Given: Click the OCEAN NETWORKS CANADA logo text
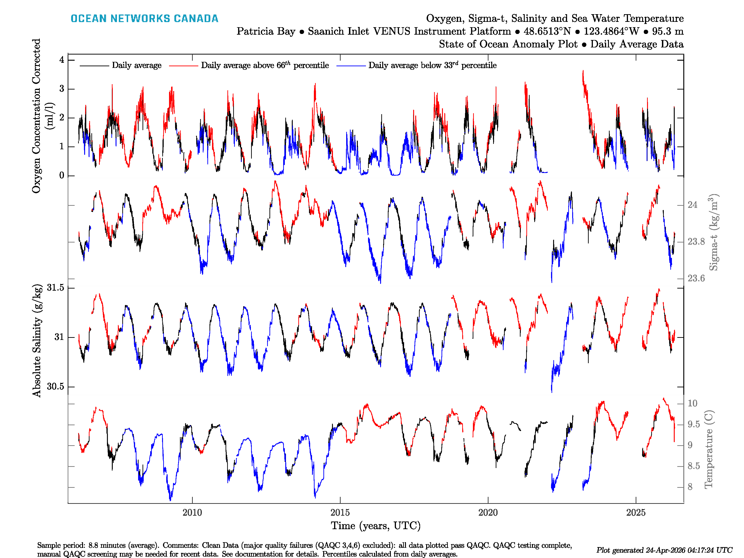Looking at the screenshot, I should (144, 19).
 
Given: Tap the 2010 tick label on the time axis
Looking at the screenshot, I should (192, 513).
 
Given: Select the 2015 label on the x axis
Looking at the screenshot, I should (340, 513).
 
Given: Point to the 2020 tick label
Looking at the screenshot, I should (488, 513).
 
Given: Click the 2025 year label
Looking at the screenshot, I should (636, 513).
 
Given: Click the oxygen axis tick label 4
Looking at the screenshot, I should (62, 60).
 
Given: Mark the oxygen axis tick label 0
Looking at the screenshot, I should (62, 175).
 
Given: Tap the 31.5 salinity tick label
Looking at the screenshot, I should (56, 288).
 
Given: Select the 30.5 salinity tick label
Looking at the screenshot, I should (56, 386).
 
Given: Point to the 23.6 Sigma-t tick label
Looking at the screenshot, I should (696, 279).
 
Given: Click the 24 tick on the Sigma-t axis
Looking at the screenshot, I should (692, 205).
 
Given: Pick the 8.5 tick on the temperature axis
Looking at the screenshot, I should (694, 466).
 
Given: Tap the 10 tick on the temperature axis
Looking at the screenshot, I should (692, 403).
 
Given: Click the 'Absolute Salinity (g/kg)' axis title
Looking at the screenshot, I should (37, 341).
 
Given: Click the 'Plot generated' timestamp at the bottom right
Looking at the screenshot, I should (664, 550).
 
